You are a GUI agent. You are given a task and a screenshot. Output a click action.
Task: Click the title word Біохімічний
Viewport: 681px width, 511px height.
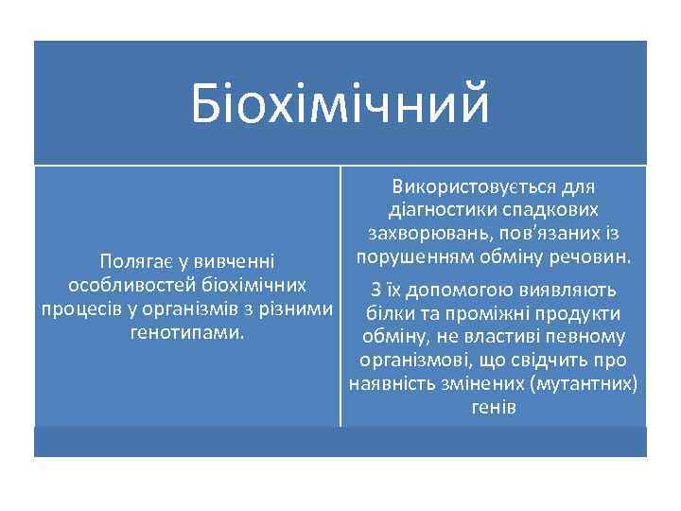(x=340, y=104)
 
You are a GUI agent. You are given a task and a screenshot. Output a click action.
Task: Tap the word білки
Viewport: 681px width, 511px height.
(x=388, y=314)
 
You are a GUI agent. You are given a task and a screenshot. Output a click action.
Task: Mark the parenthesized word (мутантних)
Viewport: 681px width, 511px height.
(x=584, y=384)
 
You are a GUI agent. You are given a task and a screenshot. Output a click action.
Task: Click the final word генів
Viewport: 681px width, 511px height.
(x=493, y=408)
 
